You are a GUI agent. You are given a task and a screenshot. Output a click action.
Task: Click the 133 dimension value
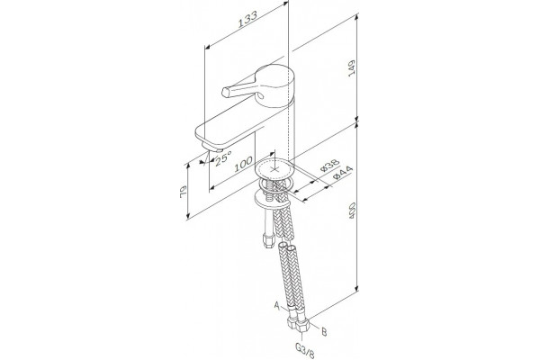click(x=248, y=19)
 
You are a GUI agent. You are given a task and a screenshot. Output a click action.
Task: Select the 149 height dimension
click(x=351, y=68)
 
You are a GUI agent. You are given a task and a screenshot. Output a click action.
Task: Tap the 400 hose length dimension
click(x=352, y=210)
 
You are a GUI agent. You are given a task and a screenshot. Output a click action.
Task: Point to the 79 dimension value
click(x=183, y=192)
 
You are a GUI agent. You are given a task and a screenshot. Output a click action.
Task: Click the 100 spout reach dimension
click(x=244, y=165)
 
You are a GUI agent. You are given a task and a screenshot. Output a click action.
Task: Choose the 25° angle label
click(x=223, y=159)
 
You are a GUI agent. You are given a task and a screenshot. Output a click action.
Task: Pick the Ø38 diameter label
click(x=330, y=166)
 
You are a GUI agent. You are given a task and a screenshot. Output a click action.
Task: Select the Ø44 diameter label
click(x=343, y=173)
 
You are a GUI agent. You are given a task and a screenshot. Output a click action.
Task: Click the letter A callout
click(x=276, y=304)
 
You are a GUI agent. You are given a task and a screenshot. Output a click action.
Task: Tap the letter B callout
click(x=324, y=332)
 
